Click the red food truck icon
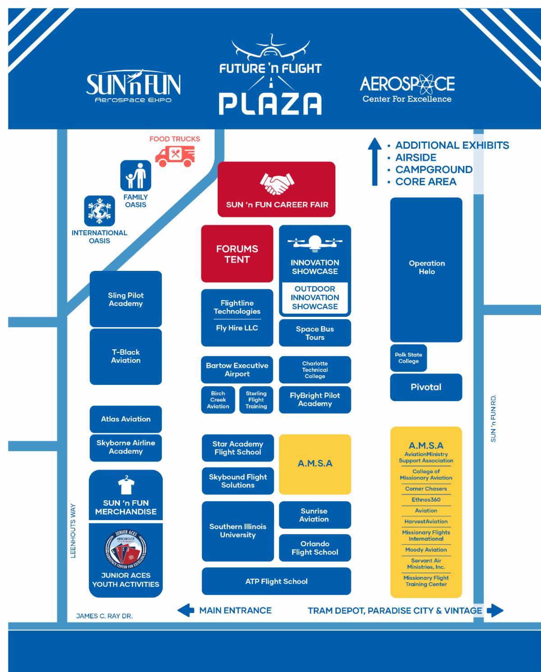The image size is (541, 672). click(x=175, y=155)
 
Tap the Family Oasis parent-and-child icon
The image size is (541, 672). click(x=135, y=175)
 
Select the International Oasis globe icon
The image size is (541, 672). click(x=99, y=210)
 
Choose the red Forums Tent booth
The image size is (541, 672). click(x=237, y=254)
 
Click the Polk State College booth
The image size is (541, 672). click(x=408, y=358)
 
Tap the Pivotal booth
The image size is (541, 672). click(x=426, y=387)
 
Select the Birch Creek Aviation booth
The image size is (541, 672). click(x=218, y=400)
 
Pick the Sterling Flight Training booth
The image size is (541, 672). click(x=256, y=400)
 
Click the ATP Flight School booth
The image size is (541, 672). click(x=276, y=581)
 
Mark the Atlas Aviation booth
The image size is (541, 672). click(x=126, y=419)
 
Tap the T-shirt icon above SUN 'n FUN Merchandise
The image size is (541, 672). click(x=126, y=486)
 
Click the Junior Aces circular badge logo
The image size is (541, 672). click(x=126, y=549)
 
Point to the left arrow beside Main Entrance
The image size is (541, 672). click(x=186, y=611)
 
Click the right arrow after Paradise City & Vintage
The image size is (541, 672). click(x=495, y=611)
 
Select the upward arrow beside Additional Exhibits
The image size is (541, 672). click(x=374, y=162)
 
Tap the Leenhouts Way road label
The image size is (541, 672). click(x=73, y=531)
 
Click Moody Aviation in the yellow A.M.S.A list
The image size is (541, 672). click(x=426, y=550)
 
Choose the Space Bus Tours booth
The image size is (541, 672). click(x=315, y=333)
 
